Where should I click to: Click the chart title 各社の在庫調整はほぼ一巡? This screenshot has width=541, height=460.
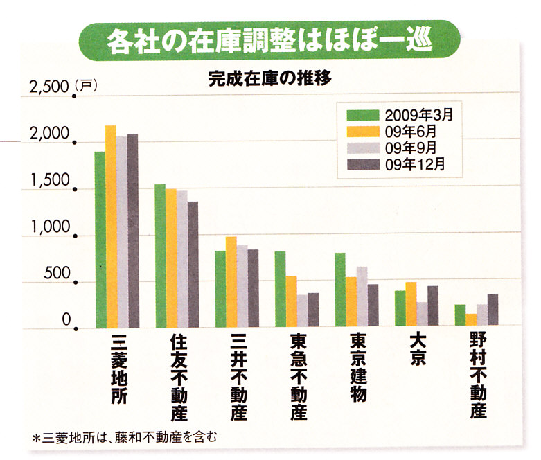coord(271,42)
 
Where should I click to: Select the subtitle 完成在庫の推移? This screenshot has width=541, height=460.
coord(271,78)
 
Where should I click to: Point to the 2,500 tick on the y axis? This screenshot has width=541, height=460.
coord(49,88)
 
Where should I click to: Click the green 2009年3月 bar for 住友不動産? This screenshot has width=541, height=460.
coord(160,256)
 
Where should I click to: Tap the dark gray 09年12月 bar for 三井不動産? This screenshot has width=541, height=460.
coord(253,288)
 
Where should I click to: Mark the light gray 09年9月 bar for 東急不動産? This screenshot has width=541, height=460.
coord(302,311)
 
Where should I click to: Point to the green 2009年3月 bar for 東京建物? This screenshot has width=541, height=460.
coord(340,290)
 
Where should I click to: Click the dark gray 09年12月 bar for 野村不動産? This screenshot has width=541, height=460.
coord(493,310)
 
